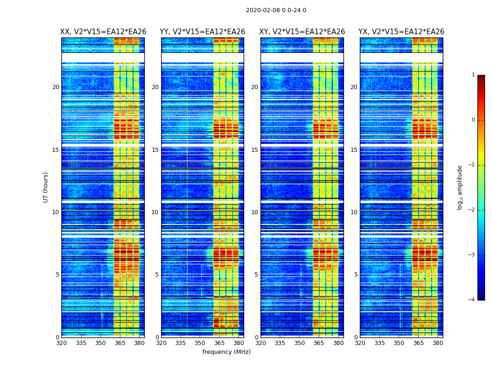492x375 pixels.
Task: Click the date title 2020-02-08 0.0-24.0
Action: click(276, 10)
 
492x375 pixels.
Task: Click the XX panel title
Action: click(103, 32)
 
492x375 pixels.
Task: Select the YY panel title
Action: click(202, 32)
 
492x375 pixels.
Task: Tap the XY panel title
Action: click(302, 32)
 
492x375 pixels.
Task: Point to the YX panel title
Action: click(401, 32)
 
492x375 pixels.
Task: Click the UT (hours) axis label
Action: click(46, 187)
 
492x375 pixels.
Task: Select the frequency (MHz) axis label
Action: click(226, 352)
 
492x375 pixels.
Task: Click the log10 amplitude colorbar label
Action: click(460, 187)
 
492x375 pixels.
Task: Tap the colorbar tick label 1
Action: click(473, 75)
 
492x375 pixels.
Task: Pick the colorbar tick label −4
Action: click(472, 300)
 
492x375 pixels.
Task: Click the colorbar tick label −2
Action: click(472, 210)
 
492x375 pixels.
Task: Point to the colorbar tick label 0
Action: click(473, 120)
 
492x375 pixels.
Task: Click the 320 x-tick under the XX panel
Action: click(61, 343)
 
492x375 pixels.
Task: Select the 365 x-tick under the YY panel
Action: click(219, 343)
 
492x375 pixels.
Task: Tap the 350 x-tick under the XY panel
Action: click(299, 343)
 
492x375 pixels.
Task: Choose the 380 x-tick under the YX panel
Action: click(438, 343)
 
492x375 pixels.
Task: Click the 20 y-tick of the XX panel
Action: click(56, 87)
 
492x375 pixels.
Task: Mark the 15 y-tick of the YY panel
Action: click(155, 150)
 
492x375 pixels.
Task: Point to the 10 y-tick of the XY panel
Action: click(254, 212)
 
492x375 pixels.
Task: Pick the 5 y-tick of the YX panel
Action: click(356, 275)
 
